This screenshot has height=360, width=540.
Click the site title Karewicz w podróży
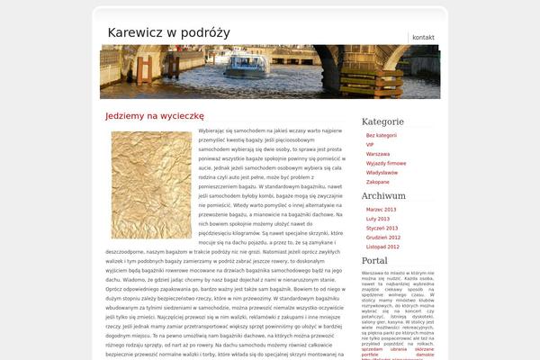click(x=168, y=32)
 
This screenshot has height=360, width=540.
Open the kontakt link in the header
click(x=423, y=37)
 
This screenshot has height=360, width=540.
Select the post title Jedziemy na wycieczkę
click(x=155, y=116)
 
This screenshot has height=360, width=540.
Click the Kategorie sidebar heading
click(x=382, y=121)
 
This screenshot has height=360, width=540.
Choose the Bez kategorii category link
click(x=382, y=135)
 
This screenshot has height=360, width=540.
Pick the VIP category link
click(x=370, y=144)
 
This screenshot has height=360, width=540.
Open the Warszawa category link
click(x=378, y=154)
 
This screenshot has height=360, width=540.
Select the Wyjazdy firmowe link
click(x=385, y=163)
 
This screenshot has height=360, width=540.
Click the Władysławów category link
click(x=382, y=172)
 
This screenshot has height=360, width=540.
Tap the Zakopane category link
click(x=378, y=182)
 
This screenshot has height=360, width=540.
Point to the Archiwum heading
click(x=383, y=195)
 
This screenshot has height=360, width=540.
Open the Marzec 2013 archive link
click(x=381, y=209)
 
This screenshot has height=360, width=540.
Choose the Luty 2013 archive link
click(x=378, y=219)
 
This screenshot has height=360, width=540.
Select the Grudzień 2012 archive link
click(x=383, y=237)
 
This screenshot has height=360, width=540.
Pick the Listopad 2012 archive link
click(x=382, y=246)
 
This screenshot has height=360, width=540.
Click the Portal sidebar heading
click(x=374, y=260)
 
